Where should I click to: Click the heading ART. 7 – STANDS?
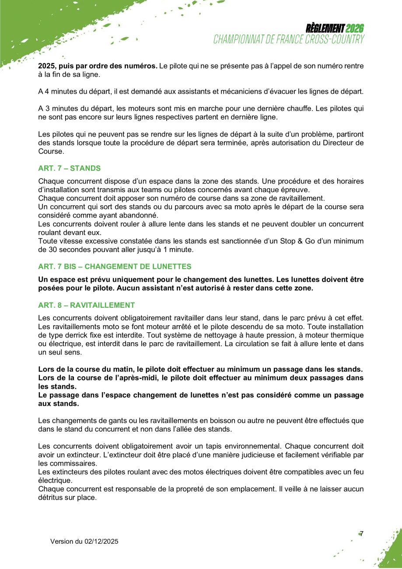[70, 168]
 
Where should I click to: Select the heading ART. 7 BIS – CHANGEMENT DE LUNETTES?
[115, 266]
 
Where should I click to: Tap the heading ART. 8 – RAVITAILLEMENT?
[87, 305]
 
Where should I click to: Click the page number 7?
[361, 534]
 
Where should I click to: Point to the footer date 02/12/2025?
[101, 541]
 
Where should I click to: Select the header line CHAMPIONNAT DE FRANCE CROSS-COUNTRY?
[289, 39]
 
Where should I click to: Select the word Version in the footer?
[61, 541]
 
